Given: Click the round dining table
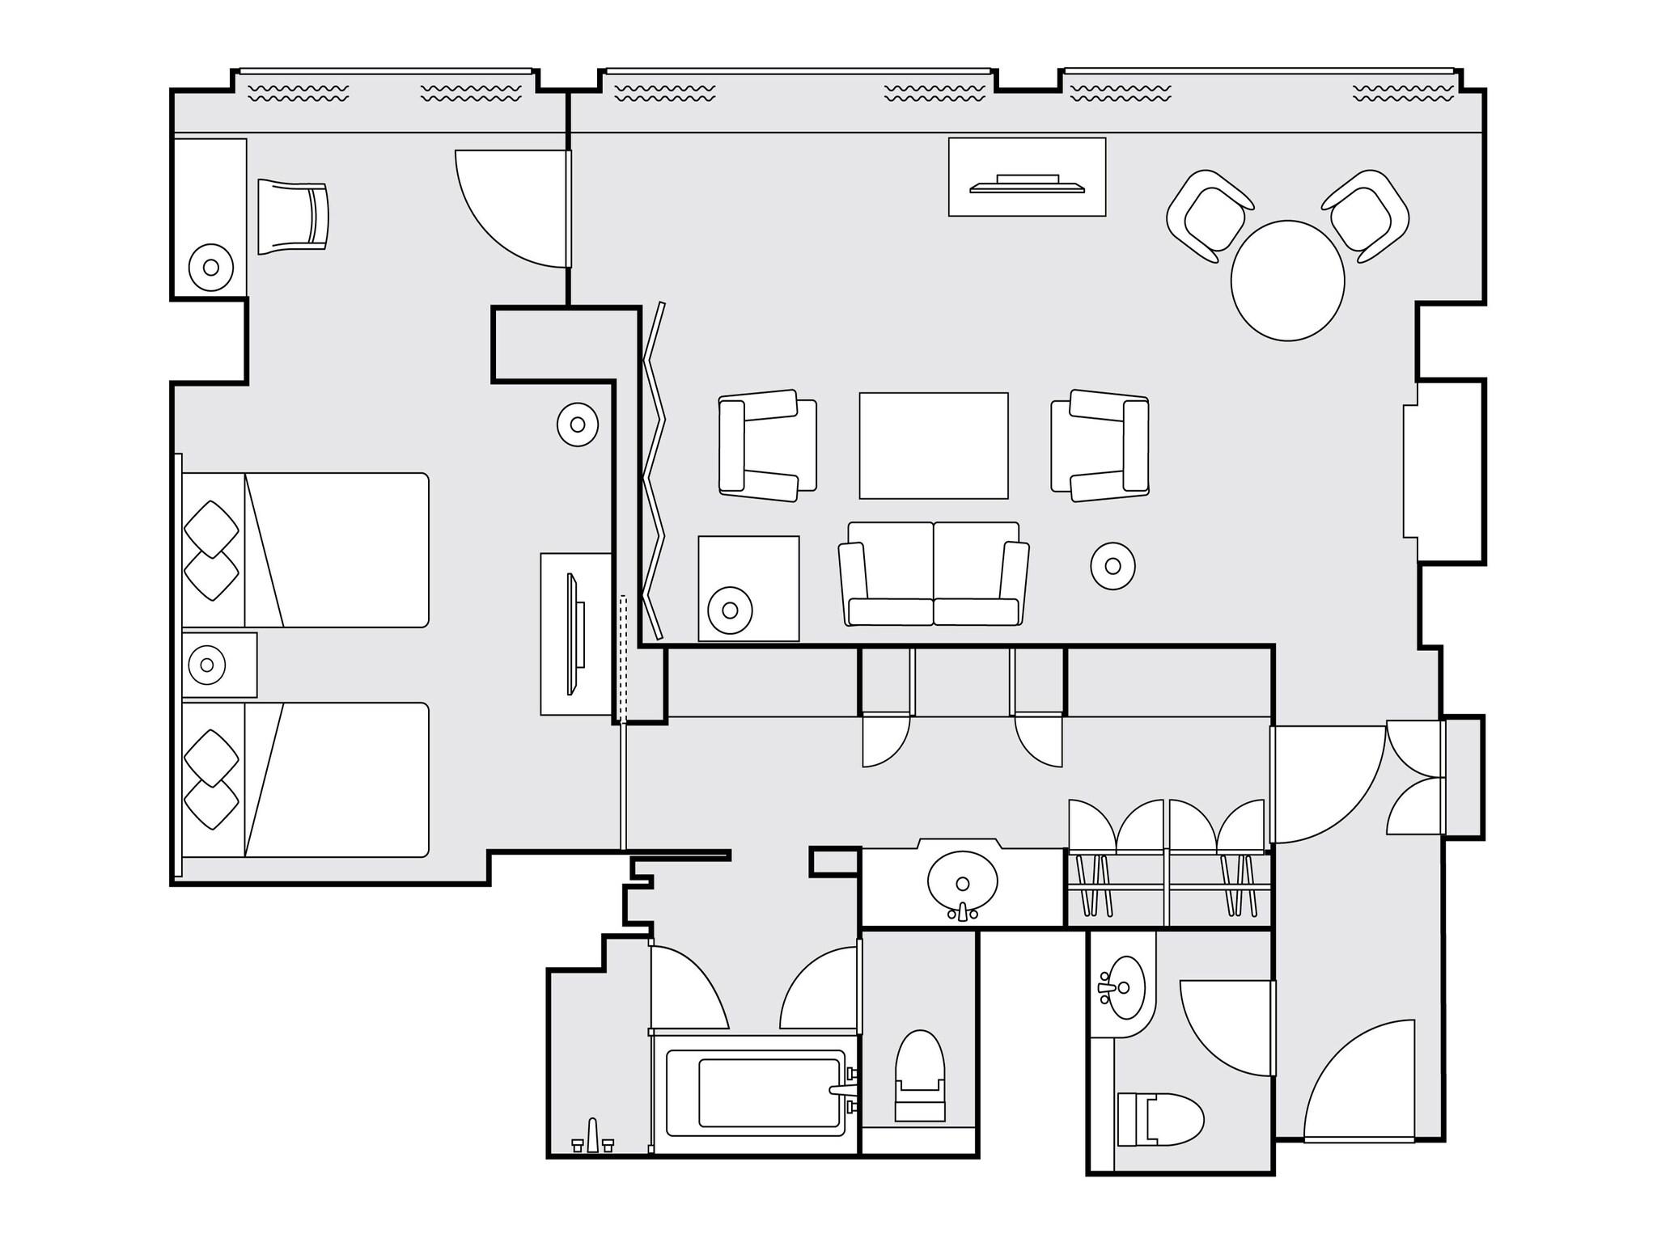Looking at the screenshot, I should coord(1287,281).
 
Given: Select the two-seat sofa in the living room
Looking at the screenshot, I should coord(934,576).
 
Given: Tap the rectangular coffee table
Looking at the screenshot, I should coord(933,446).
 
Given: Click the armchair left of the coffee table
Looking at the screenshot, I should coord(767,446).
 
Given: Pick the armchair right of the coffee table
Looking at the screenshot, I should coord(1100,446).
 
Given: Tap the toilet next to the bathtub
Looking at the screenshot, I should coord(920,1075).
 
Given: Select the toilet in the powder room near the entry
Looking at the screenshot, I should coord(1159,1119).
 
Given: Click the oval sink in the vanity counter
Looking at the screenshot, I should coord(962,883).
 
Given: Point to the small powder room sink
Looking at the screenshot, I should coord(1121,989).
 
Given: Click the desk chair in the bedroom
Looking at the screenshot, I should coord(293,218).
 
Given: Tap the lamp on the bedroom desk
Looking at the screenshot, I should coord(211,267).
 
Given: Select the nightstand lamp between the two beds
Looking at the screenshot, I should coord(207,665).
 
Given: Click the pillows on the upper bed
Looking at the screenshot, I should coord(212,550).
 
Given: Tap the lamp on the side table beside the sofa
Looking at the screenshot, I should coord(730,610).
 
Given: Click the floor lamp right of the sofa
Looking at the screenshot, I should coord(1112,566).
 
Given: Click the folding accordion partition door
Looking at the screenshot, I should coord(654,469).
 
